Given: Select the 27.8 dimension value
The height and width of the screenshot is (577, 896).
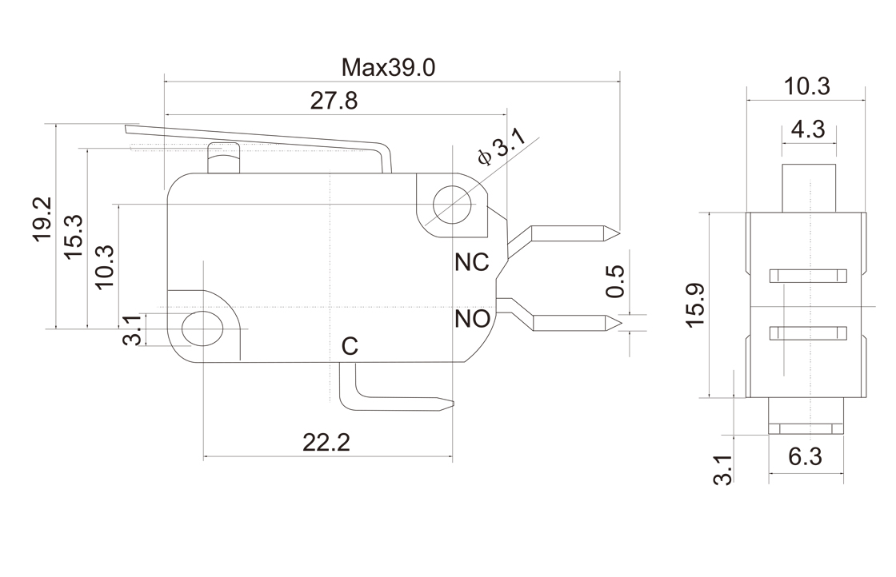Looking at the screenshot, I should pyautogui.click(x=333, y=101).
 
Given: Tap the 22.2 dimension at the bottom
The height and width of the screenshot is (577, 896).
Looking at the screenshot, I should pyautogui.click(x=326, y=442).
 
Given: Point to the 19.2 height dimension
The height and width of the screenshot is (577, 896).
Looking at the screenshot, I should pyautogui.click(x=42, y=220).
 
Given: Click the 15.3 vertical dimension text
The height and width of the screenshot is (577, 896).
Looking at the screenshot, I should pyautogui.click(x=74, y=237).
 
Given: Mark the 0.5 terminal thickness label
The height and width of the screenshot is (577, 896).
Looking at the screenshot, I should pyautogui.click(x=615, y=281).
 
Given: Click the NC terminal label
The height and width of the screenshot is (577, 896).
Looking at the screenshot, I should pyautogui.click(x=471, y=262).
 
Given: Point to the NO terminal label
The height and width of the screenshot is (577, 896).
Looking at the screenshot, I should pyautogui.click(x=472, y=320).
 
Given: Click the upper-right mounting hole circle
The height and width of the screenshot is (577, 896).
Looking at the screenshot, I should pyautogui.click(x=450, y=205).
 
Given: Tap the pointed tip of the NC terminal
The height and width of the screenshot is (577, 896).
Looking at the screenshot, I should pyautogui.click(x=617, y=233).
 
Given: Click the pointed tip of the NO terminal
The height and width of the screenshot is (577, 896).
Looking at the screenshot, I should pyautogui.click(x=617, y=323).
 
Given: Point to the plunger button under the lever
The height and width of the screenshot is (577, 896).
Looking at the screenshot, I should pyautogui.click(x=224, y=159).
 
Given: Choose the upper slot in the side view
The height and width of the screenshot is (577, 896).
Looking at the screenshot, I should pyautogui.click(x=807, y=277).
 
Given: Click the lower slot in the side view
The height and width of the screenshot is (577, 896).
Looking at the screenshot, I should pyautogui.click(x=807, y=333).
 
